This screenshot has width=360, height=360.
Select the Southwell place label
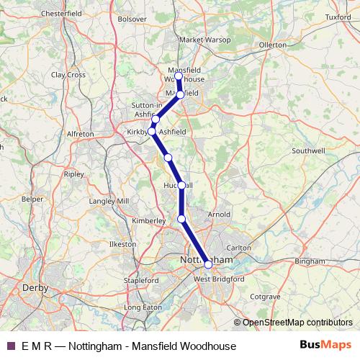coord(308,151)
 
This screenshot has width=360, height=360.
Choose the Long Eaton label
coord(143,307)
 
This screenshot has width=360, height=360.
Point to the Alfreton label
coord(80,134)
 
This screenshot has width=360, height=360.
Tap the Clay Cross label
coord(68,74)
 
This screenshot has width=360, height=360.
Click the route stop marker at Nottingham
coord(208,264)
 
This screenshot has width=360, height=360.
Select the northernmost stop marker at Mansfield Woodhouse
coord(179,76)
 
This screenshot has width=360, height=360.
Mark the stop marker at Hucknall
coord(181,185)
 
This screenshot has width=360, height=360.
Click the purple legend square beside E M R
coord(9,346)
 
